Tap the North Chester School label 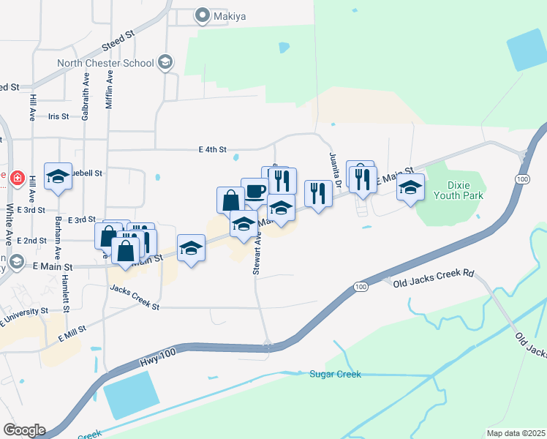click(106, 63)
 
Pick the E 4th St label click(214, 149)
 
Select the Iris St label click(58, 116)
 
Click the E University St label click(24, 315)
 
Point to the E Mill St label click(72, 334)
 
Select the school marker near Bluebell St click(59, 177)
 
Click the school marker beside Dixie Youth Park click(411, 187)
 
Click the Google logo click(24, 430)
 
